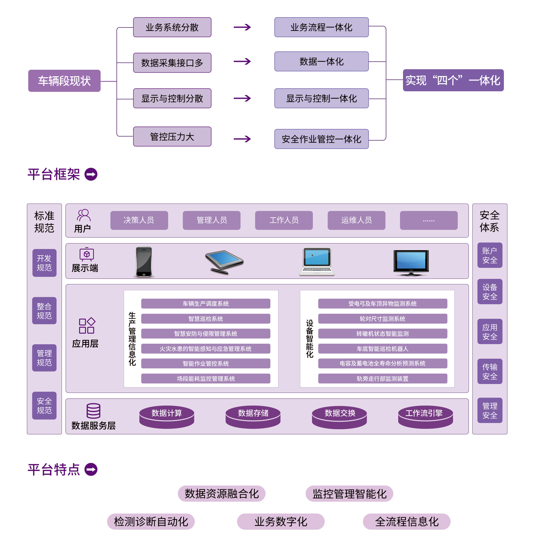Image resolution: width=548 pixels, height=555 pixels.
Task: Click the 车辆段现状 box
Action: point(64,81)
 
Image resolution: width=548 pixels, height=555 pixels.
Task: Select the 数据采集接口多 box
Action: point(172,63)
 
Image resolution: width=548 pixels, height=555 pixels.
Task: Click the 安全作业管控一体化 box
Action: point(321,139)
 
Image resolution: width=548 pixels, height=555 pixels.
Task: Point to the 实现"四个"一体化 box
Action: point(453,81)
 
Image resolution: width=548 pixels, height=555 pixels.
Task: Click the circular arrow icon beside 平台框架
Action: point(91,174)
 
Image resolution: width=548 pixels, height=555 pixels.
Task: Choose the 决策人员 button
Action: point(139,220)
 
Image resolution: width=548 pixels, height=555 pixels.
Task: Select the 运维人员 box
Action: point(356,220)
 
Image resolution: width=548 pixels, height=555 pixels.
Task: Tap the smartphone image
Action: point(143,261)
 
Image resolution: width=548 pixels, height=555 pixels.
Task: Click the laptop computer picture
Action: point(316,261)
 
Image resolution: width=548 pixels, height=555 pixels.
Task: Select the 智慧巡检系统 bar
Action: point(206,319)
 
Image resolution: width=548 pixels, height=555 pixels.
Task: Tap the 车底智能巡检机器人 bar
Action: point(382,348)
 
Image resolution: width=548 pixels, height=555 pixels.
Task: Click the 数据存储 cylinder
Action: point(253,416)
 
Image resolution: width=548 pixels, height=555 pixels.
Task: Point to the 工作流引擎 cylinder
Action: point(425,416)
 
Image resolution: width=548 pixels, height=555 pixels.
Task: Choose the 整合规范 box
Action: point(44,310)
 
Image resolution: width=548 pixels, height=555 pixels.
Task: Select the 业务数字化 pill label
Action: point(280,521)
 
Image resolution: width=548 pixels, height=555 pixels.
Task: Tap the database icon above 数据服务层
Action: point(93,410)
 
